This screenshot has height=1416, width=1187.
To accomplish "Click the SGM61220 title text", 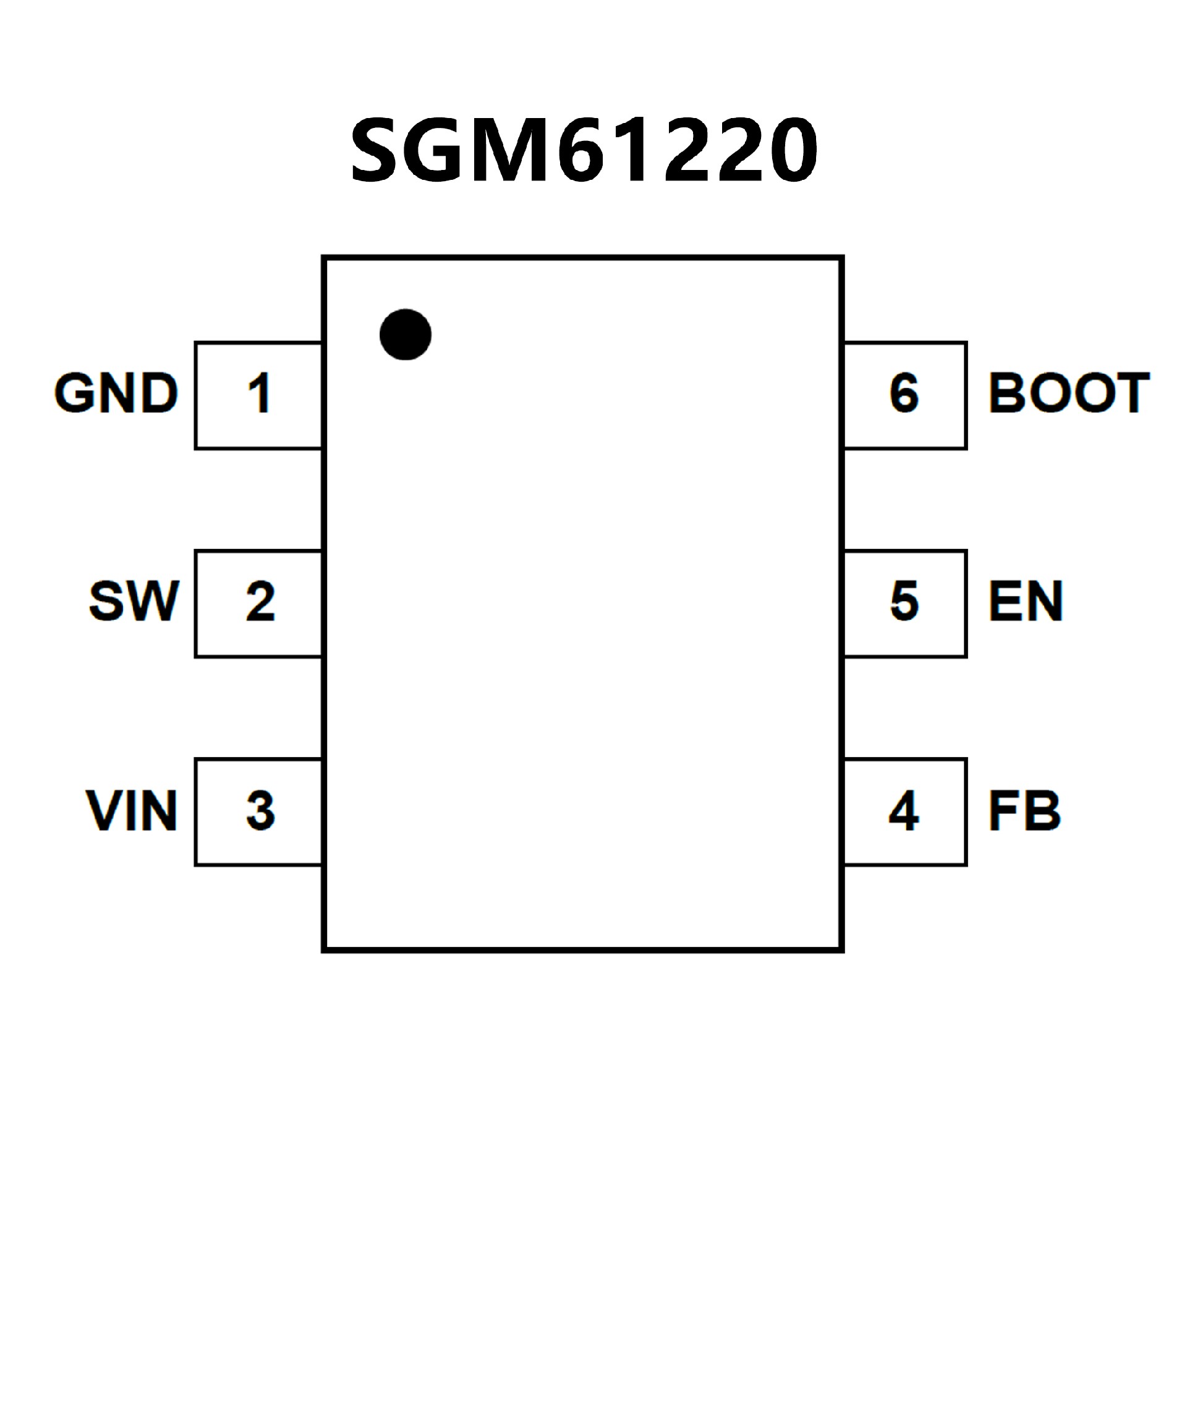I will pyautogui.click(x=584, y=150).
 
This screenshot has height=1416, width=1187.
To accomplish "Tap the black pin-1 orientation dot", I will pyautogui.click(x=406, y=334).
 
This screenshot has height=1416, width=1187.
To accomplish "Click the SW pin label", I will pyautogui.click(x=134, y=600).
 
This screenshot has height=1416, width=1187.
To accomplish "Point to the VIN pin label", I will pyautogui.click(x=132, y=810).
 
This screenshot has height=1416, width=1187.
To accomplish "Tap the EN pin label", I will pyautogui.click(x=1026, y=600).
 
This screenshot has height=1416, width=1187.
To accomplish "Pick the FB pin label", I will pyautogui.click(x=1024, y=810).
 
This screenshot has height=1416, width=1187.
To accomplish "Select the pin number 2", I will pyautogui.click(x=260, y=600).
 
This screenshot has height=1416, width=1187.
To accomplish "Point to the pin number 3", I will pyautogui.click(x=260, y=810).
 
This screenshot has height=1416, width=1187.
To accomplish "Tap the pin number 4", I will pyautogui.click(x=904, y=810).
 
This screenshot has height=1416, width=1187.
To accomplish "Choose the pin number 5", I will pyautogui.click(x=904, y=600).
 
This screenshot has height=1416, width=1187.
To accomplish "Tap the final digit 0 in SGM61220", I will pyautogui.click(x=793, y=150).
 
